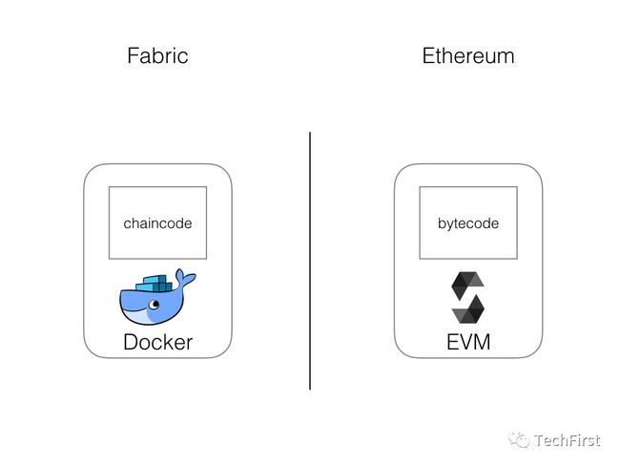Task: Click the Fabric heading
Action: [157, 55]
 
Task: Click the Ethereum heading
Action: [468, 55]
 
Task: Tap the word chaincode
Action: [157, 223]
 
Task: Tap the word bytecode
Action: [468, 223]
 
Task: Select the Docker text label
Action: [157, 342]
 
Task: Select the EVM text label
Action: [468, 342]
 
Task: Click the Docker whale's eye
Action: [154, 304]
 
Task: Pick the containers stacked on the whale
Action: [154, 284]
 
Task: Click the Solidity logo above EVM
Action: [467, 297]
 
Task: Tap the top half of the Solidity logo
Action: [466, 286]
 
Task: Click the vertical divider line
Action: [310, 261]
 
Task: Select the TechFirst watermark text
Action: [567, 440]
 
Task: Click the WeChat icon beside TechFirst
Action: [519, 440]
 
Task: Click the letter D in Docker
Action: [131, 342]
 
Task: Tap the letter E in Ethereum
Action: [428, 55]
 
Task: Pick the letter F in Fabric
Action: [133, 55]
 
